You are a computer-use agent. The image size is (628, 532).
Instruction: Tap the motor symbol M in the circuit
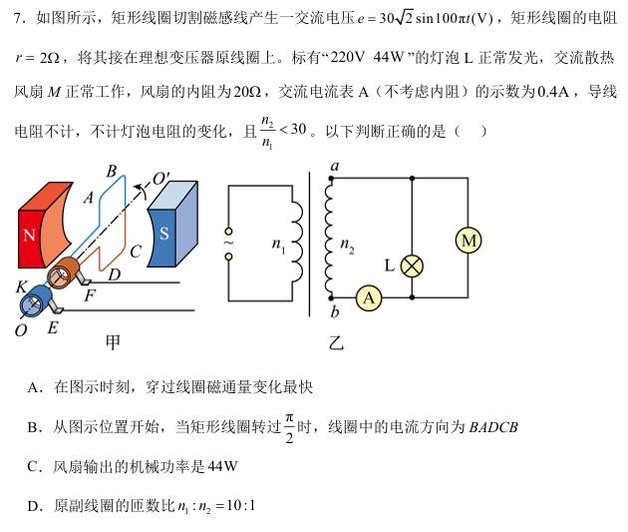(468, 240)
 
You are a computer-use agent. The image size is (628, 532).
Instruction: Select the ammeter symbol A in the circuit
(369, 296)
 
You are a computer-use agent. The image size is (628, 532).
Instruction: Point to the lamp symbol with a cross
(412, 265)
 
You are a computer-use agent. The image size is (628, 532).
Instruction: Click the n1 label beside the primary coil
(278, 245)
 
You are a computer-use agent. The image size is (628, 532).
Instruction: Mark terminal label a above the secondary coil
(334, 166)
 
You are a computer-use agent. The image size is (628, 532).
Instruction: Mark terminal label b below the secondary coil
(335, 314)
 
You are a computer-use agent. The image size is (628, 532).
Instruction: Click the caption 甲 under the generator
(113, 342)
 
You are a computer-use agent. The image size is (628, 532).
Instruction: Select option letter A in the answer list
(34, 387)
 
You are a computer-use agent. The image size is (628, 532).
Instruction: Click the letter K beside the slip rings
(21, 286)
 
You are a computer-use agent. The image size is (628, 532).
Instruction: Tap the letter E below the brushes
(53, 326)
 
